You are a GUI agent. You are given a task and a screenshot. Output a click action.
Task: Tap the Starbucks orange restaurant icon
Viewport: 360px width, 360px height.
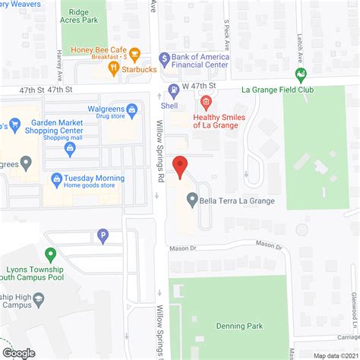[112, 69]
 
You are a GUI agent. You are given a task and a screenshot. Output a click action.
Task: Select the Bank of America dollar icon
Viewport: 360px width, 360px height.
[163, 58]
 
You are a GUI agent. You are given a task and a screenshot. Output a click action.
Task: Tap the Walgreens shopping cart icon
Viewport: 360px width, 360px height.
[132, 110]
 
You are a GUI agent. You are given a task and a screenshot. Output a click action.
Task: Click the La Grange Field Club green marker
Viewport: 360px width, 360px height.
[302, 74]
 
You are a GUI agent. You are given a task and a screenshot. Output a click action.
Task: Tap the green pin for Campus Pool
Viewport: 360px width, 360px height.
[51, 255]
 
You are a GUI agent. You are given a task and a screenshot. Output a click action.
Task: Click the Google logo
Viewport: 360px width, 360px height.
[18, 352]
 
